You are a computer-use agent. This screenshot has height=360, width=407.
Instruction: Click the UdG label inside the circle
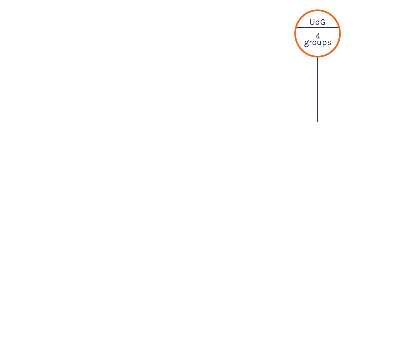point(317,22)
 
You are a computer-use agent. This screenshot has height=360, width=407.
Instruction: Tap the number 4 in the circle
point(318,36)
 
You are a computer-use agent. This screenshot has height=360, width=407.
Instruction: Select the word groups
point(317,43)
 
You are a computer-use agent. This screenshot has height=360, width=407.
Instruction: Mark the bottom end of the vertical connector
point(317,121)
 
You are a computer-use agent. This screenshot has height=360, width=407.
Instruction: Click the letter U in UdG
point(312,22)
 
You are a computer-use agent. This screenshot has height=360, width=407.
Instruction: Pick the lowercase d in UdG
point(317,22)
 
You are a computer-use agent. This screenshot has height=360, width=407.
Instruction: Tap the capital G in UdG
point(322,22)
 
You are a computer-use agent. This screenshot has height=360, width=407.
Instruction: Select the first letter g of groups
point(306,43)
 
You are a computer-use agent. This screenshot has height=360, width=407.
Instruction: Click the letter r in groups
point(310,43)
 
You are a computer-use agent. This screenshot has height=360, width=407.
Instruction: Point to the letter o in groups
point(314,43)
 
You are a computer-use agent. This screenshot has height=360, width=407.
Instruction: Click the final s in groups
point(329,43)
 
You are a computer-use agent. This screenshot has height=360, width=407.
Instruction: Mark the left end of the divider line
point(297,28)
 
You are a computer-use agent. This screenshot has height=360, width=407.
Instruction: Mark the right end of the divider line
point(338,28)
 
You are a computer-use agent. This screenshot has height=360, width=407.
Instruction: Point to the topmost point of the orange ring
point(317,10)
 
